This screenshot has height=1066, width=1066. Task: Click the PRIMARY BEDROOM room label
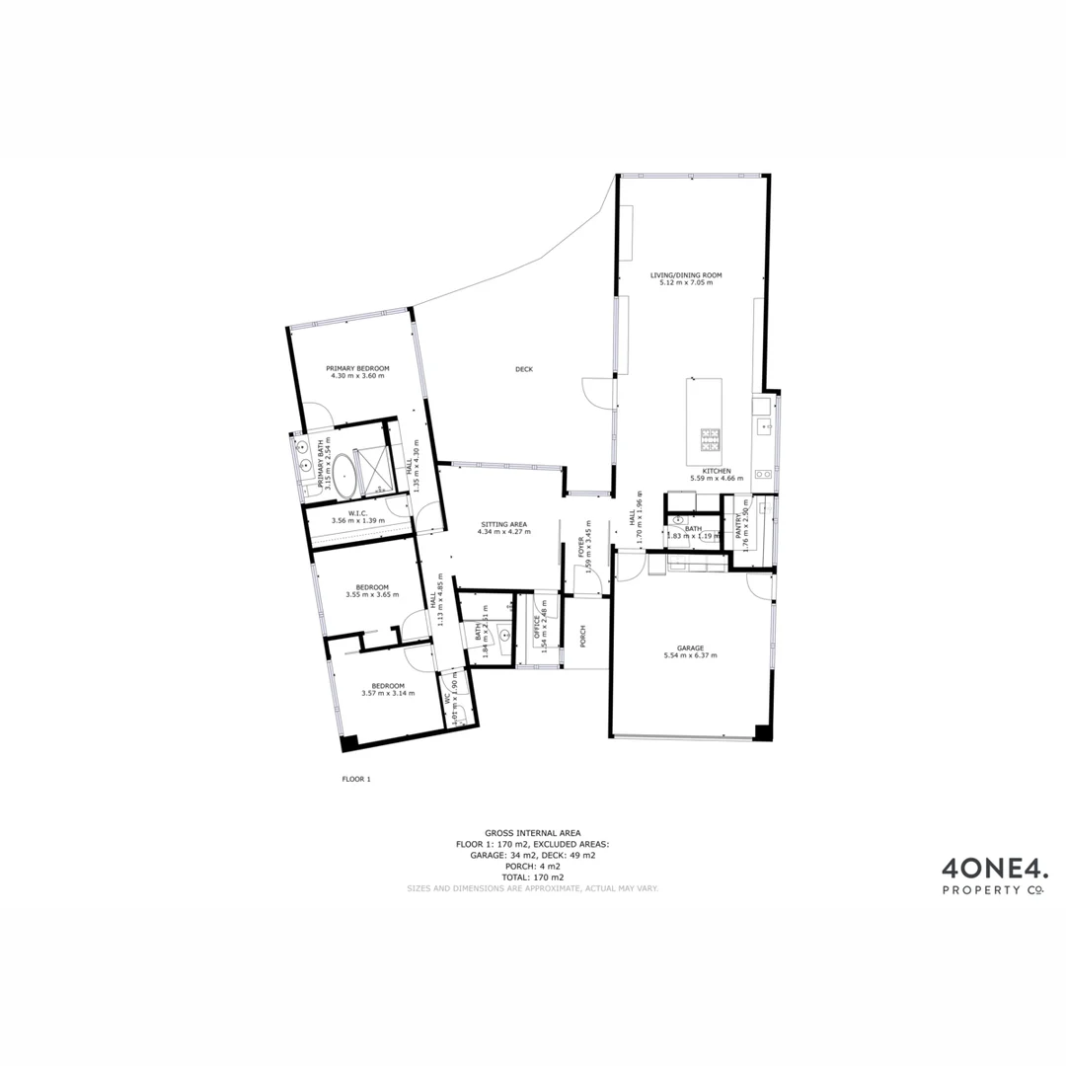pyautogui.click(x=357, y=368)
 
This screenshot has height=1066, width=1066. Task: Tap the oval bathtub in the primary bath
pyautogui.click(x=344, y=475)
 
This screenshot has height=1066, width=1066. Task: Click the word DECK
pyautogui.click(x=523, y=369)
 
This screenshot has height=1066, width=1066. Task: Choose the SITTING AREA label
pyautogui.click(x=503, y=524)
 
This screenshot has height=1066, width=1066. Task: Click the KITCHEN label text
pyautogui.click(x=717, y=471)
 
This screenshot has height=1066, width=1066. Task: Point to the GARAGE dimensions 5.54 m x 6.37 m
pyautogui.click(x=690, y=655)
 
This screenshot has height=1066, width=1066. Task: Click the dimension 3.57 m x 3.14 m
pyautogui.click(x=388, y=693)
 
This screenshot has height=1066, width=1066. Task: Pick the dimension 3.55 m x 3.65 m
pyautogui.click(x=372, y=594)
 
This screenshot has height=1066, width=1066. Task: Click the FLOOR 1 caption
pyautogui.click(x=355, y=779)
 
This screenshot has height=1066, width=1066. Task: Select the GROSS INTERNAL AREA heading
pyautogui.click(x=533, y=833)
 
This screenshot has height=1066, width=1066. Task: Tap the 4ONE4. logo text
pyautogui.click(x=994, y=870)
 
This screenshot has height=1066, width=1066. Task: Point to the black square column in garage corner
pyautogui.click(x=762, y=732)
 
